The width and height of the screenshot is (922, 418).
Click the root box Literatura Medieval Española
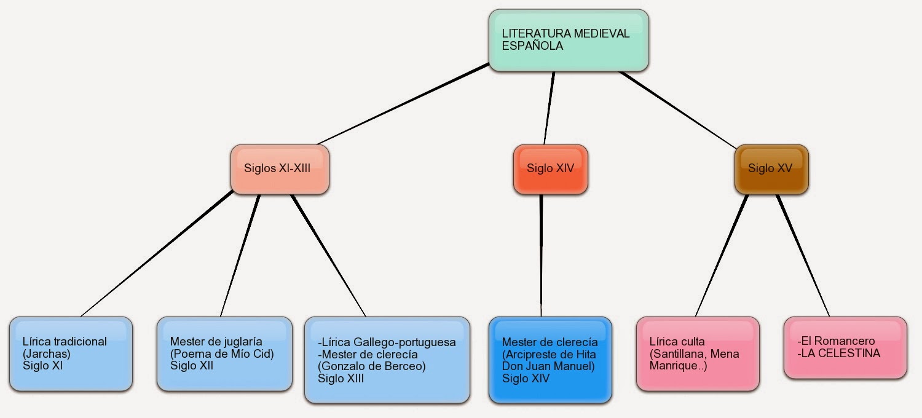569,40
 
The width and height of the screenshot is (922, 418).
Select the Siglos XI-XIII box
280,168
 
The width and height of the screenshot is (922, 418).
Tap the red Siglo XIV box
550,168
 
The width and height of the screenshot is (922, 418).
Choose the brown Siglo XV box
771,168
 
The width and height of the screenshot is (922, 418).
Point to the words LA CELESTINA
842,353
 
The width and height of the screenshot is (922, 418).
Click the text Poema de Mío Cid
222,353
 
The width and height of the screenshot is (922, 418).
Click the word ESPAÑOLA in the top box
532,45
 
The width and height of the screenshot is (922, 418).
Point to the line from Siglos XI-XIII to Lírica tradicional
157,254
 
